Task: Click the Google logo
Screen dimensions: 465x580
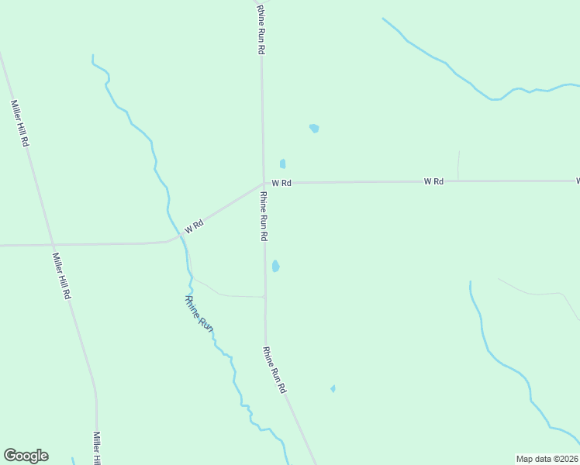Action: [x=26, y=456]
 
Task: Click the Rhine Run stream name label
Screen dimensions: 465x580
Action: [x=199, y=314]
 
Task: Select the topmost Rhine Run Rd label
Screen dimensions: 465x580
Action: [x=262, y=27]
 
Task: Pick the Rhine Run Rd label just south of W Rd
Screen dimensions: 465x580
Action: [x=264, y=215]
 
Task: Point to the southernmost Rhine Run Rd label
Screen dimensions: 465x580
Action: [x=274, y=370]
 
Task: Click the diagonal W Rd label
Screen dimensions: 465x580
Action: [x=193, y=226]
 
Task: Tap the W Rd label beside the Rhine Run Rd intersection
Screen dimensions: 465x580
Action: [x=281, y=183]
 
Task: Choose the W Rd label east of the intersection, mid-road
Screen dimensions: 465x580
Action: [x=433, y=181]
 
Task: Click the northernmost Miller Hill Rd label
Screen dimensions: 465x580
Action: [x=19, y=123]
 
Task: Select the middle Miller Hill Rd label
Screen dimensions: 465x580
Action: [x=62, y=276]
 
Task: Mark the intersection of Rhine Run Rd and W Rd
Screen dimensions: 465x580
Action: [x=263, y=184]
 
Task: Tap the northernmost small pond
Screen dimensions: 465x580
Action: [x=314, y=128]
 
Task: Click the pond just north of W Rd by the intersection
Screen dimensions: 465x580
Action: [x=282, y=164]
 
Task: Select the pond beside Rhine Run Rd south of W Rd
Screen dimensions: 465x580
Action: [x=275, y=267]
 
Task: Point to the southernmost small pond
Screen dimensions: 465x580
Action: [x=333, y=388]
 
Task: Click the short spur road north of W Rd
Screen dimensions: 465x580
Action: [x=458, y=165]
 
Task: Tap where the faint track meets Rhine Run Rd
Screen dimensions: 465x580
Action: [x=264, y=296]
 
